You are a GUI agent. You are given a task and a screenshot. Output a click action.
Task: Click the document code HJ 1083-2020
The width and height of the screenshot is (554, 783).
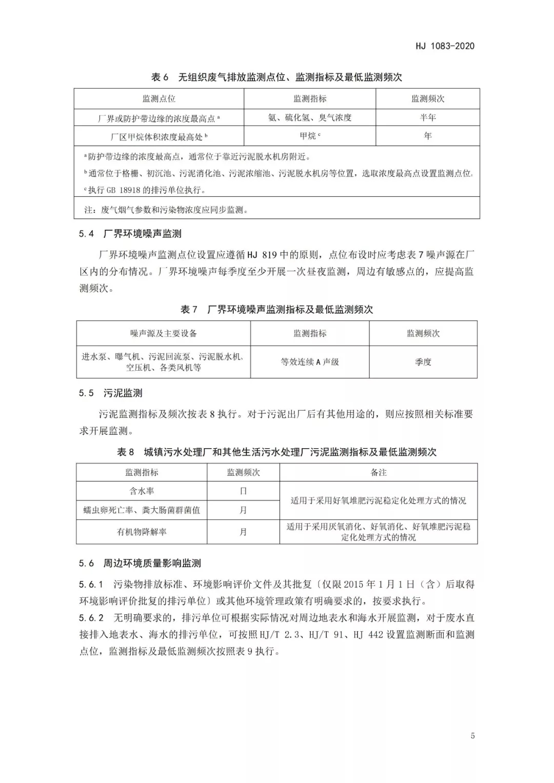(445, 46)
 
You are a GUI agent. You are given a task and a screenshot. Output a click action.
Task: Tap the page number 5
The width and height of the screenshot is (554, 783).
(472, 736)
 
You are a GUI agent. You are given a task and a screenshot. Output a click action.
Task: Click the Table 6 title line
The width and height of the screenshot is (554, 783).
(276, 77)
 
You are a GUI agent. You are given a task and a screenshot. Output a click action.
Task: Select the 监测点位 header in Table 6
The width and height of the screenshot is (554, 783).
(159, 99)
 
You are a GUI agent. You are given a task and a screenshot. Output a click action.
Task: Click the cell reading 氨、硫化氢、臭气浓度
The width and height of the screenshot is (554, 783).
(310, 118)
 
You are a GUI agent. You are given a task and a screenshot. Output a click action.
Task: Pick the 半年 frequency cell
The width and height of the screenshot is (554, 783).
(428, 118)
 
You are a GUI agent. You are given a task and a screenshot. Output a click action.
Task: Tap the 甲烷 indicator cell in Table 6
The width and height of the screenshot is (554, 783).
(310, 136)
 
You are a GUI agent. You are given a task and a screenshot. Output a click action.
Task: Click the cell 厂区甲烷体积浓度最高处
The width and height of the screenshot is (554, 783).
(159, 137)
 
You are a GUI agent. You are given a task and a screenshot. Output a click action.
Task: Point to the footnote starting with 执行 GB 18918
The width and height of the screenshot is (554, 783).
(145, 190)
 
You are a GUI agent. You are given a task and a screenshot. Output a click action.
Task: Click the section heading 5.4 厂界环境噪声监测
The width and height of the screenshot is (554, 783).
(130, 234)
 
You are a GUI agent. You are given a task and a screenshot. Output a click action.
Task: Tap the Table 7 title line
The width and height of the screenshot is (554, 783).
(276, 310)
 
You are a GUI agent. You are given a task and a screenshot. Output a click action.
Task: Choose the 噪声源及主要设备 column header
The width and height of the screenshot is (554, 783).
(164, 334)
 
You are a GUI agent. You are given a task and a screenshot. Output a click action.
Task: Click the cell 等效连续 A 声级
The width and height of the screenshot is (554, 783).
(310, 362)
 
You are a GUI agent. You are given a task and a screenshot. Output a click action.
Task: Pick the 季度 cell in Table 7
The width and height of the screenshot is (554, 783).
(423, 362)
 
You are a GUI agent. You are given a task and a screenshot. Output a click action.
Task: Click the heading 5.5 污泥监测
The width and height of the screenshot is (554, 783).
(111, 393)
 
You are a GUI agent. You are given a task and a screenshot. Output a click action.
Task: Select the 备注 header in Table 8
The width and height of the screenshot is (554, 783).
(379, 473)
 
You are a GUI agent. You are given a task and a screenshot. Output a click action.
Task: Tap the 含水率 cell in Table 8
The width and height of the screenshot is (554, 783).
(142, 491)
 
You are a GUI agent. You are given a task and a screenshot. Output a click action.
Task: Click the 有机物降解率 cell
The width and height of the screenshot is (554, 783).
(142, 532)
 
